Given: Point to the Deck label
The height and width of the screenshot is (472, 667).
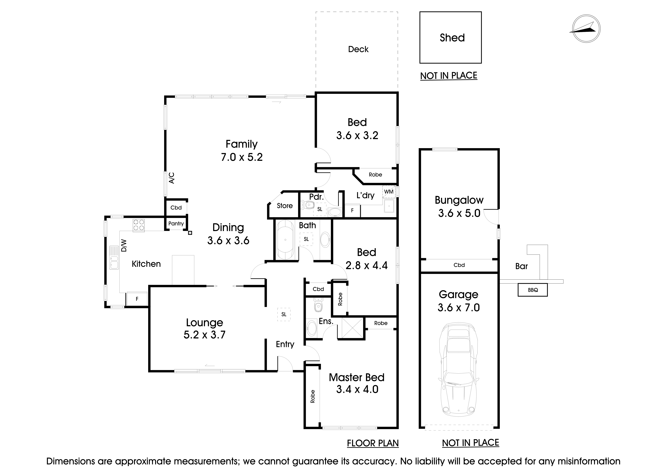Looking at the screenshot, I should (358, 49).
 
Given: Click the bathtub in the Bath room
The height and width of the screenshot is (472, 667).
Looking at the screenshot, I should (286, 240).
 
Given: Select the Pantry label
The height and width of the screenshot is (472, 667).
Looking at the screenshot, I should (176, 224).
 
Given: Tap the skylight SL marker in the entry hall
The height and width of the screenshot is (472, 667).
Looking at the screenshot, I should (284, 314).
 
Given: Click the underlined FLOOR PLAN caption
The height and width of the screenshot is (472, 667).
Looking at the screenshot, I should (373, 443).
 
